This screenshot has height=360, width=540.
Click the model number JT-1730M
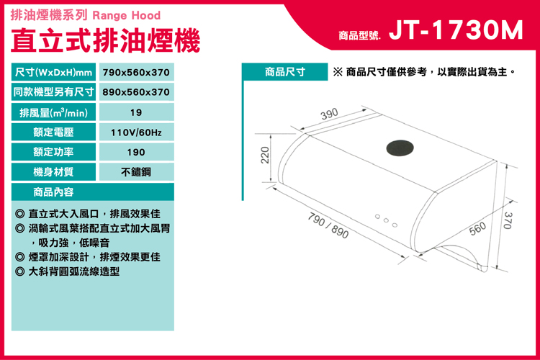coord(456,30)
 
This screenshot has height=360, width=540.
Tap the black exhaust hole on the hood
coord(400,148)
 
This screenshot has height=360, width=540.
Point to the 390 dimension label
coord(330,114)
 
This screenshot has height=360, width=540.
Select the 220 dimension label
coord(265,155)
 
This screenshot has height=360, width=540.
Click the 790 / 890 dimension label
coord(328,225)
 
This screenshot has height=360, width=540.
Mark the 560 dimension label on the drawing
coord(477,228)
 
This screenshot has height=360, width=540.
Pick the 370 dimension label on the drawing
coord(508,220)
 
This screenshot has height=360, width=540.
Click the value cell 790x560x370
coord(136,72)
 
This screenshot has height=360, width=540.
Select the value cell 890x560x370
coord(136,92)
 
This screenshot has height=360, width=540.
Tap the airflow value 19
coord(136,112)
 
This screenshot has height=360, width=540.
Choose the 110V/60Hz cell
coord(136,132)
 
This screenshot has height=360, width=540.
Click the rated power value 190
coord(136,152)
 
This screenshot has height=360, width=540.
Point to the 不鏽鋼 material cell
coord(136,172)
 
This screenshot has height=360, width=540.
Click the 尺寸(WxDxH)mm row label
coord(53,72)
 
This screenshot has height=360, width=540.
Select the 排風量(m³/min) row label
coord(53,112)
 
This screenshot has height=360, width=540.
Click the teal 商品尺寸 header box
coord(285,72)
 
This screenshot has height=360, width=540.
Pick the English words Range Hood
coord(127,16)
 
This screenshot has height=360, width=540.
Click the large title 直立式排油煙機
coord(105,40)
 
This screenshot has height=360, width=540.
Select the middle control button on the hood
coord(386,220)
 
